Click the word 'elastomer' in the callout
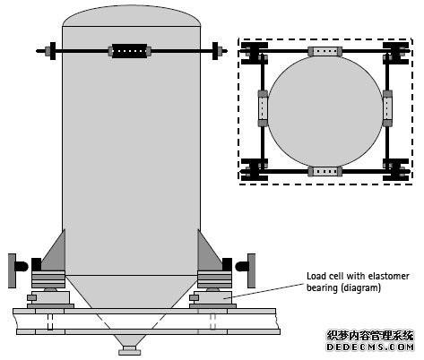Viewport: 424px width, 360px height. click(x=389, y=276)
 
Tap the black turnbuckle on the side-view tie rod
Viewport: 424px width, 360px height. click(x=130, y=51)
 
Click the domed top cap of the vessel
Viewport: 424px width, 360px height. click(x=131, y=16)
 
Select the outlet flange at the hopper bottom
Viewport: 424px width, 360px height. click(x=129, y=350)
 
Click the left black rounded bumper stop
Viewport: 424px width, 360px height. click(x=22, y=267)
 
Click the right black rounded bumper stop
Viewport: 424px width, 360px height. click(x=242, y=267)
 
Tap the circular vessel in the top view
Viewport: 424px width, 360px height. click(x=325, y=112)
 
